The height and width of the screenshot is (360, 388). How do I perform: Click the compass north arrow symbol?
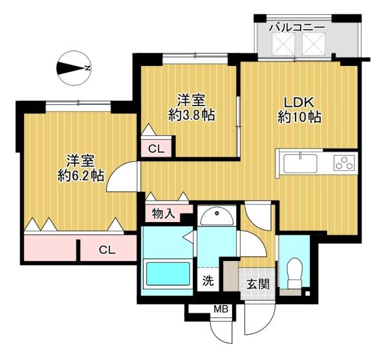pos(74,68)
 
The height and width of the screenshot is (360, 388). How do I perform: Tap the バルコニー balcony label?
pos(297,27)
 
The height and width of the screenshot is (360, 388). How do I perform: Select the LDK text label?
pos(299,102)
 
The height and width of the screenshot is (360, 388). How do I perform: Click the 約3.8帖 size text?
pos(191,115)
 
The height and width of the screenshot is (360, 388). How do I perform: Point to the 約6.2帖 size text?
pos(80,176)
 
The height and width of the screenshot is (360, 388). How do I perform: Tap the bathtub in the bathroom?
pos(168,274)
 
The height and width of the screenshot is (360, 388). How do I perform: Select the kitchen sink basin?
pos(300,164)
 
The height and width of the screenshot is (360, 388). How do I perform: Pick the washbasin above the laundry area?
pos(217,216)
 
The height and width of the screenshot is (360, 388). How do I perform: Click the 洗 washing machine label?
pos(208,281)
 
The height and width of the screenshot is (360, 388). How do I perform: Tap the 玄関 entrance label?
pos(258,284)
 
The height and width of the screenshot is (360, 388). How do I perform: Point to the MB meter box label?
pos(221,309)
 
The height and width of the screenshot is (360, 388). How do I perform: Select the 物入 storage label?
pos(164,213)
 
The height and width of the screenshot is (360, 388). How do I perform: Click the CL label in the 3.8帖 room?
pos(156,149)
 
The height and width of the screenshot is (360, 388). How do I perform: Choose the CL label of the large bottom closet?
pos(107,250)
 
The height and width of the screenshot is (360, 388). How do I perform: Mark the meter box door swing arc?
pos(218,336)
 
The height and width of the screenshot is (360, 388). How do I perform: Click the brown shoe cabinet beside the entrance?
pos(231,276)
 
